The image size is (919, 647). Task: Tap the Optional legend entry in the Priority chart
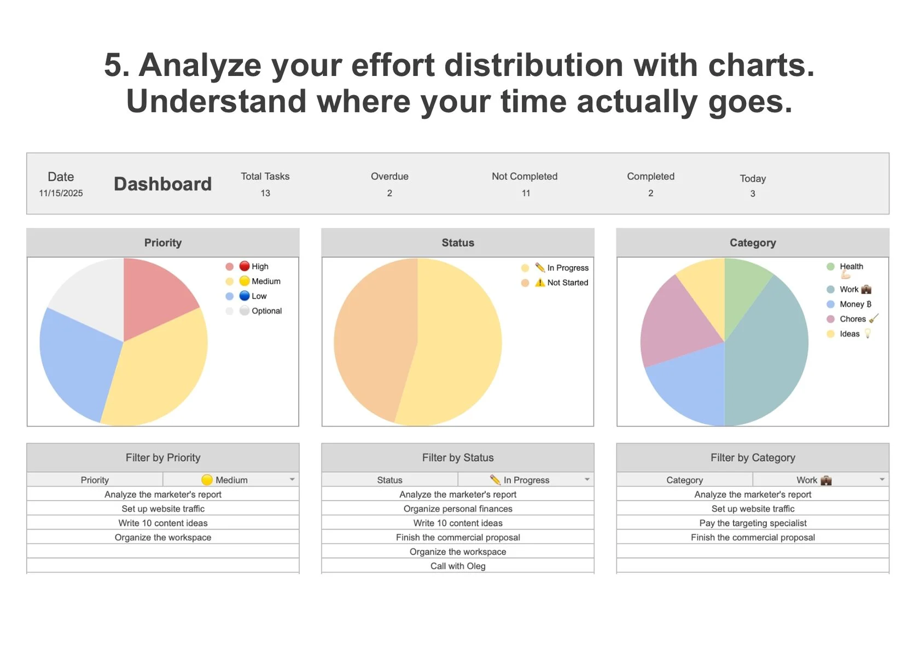click(x=266, y=311)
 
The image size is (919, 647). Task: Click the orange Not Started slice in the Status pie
click(x=372, y=339)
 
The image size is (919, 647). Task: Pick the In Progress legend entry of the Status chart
click(x=567, y=268)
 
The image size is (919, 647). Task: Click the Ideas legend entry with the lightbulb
click(x=850, y=334)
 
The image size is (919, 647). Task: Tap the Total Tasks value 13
click(x=265, y=193)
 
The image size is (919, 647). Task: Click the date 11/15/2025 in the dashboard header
click(x=61, y=193)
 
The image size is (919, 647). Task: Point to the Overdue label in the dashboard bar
click(x=389, y=177)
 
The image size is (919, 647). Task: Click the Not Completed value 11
click(x=526, y=193)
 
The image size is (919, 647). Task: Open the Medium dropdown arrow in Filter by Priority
click(x=292, y=480)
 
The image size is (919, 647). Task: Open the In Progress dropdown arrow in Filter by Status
click(x=587, y=480)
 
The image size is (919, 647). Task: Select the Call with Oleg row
click(x=458, y=566)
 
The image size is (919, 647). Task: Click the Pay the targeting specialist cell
click(x=753, y=523)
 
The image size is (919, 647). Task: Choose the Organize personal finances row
click(x=458, y=509)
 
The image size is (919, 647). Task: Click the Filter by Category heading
click(x=753, y=458)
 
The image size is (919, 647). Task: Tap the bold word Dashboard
click(x=162, y=184)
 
